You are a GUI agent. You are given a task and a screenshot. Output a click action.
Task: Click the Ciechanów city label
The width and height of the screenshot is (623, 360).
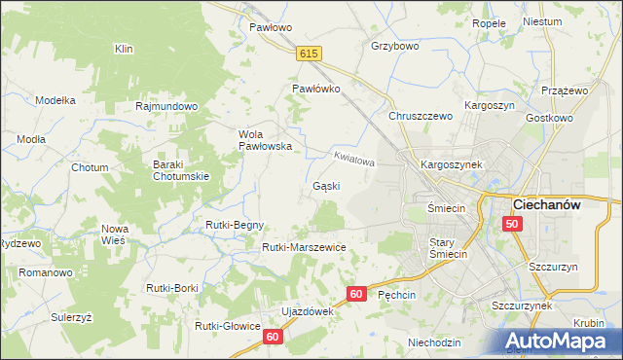(560, 205)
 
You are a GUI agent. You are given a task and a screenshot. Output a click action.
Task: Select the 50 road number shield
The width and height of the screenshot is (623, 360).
(513, 225)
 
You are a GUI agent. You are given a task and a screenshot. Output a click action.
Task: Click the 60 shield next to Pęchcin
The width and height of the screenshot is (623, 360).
(356, 294)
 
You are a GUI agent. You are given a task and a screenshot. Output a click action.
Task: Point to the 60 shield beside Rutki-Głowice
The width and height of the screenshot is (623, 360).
(273, 337)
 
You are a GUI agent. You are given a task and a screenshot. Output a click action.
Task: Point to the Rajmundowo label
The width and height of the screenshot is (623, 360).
(167, 106)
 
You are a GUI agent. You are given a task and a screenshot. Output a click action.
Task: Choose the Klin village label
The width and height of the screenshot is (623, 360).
(124, 49)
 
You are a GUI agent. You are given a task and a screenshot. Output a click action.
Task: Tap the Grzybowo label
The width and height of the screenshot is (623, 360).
(395, 46)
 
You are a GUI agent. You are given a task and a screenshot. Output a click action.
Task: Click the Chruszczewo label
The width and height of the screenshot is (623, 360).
(421, 116)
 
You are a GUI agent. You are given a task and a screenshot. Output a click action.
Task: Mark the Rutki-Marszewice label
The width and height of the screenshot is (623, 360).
(304, 247)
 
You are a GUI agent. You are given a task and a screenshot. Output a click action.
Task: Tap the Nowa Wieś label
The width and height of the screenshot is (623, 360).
(115, 234)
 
